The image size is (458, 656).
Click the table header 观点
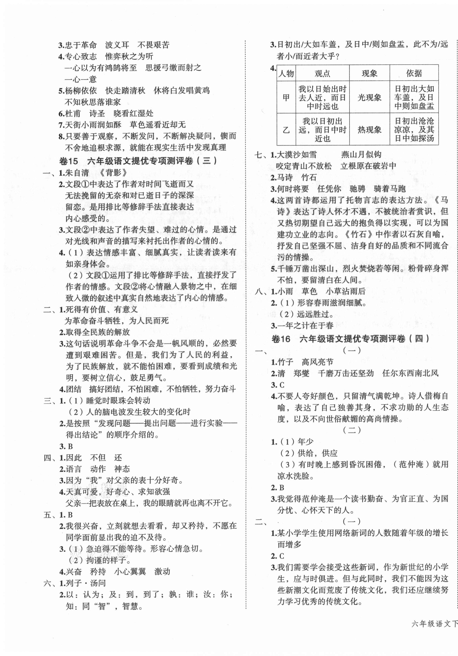click(322, 73)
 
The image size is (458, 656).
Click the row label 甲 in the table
click(286, 98)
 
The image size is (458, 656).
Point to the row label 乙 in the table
click(286, 130)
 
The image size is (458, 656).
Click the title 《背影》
click(112, 173)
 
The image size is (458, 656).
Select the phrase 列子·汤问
click(86, 583)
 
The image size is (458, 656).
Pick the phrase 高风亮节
click(317, 362)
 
